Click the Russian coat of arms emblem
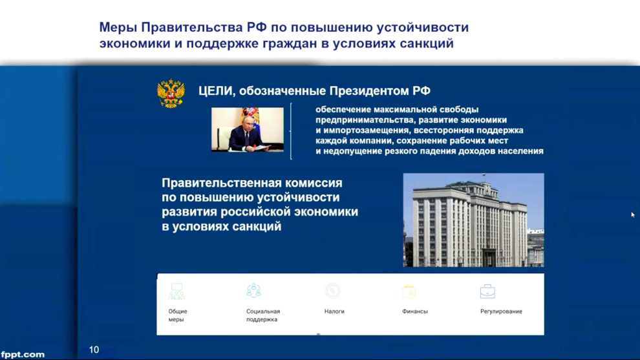point(171,94)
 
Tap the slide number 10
point(94,350)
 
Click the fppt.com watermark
point(23,354)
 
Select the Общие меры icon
point(176,291)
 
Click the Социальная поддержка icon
point(254,291)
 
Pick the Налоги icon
point(333,291)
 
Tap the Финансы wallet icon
point(409,291)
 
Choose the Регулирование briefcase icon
point(487,291)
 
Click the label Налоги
point(334,312)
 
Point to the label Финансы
point(414,312)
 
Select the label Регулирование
point(501,312)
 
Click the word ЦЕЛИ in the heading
point(216,90)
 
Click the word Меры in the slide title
point(118,27)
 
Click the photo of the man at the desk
point(248,129)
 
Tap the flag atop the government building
point(483,176)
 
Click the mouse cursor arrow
point(633,215)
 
